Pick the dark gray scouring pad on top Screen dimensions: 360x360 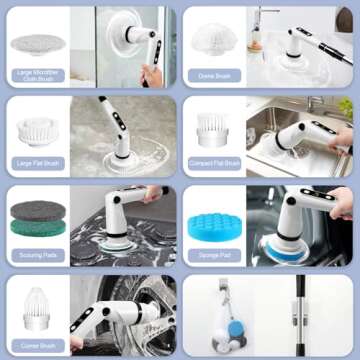[36, 209]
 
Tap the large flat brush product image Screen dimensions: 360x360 [35, 128]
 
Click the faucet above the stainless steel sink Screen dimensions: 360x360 [268, 25]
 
